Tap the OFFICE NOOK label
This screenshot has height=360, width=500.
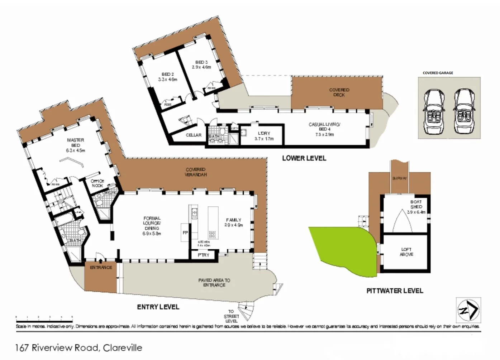coord(97,183)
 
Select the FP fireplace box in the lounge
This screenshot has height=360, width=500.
coord(185,233)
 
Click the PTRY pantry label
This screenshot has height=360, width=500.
coord(203,255)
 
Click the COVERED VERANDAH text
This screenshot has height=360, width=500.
coord(196,172)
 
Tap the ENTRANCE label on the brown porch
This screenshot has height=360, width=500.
coord(101,268)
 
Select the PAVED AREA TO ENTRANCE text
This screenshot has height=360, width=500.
coord(214,283)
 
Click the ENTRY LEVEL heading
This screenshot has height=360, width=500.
coord(158,307)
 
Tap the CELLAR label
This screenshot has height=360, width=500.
coord(194,135)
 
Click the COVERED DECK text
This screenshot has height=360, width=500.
coord(339,92)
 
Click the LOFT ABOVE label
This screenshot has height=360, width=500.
coord(406,252)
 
